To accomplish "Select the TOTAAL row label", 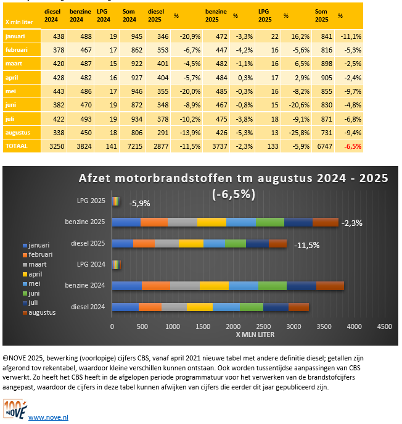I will click(x=17, y=146).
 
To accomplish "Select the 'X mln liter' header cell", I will click(x=19, y=21).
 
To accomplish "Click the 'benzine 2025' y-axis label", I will click(x=85, y=221).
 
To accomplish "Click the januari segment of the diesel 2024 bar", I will click(x=125, y=307).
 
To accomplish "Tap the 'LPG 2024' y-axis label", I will click(x=89, y=264).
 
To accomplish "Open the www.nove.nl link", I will click(x=48, y=417).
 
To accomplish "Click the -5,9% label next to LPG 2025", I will click(x=140, y=202).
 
